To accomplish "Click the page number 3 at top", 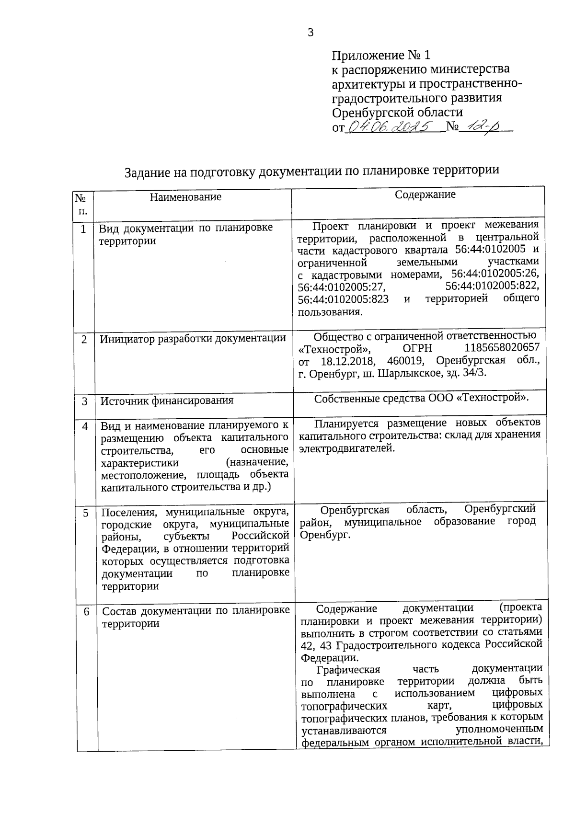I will (310, 33).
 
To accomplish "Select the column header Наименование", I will (185, 197).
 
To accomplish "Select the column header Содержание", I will (425, 195).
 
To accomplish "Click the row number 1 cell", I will (83, 229).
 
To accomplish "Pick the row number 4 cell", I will (85, 426).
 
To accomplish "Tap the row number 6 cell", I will (86, 612).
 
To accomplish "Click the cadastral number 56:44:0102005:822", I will (492, 286).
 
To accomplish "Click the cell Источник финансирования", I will (167, 401).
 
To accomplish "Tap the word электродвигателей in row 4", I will (346, 448).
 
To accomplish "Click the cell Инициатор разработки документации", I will (193, 339).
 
